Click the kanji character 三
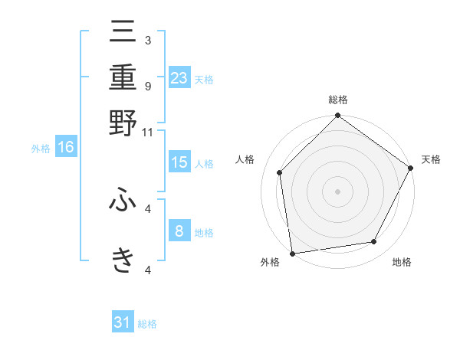[x=123, y=34]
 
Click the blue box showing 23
[x=179, y=78]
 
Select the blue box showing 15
[x=179, y=162]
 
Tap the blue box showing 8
[x=179, y=231]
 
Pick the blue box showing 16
[x=66, y=148]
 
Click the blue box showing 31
[x=123, y=322]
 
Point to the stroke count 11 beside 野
[x=148, y=132]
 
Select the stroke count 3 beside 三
[x=147, y=40]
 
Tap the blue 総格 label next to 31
[x=147, y=324]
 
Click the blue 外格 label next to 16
[x=41, y=149]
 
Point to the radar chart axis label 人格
[x=245, y=159]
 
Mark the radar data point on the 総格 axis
[x=337, y=116]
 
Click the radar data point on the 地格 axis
[x=374, y=242]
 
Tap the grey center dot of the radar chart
[x=337, y=191]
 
